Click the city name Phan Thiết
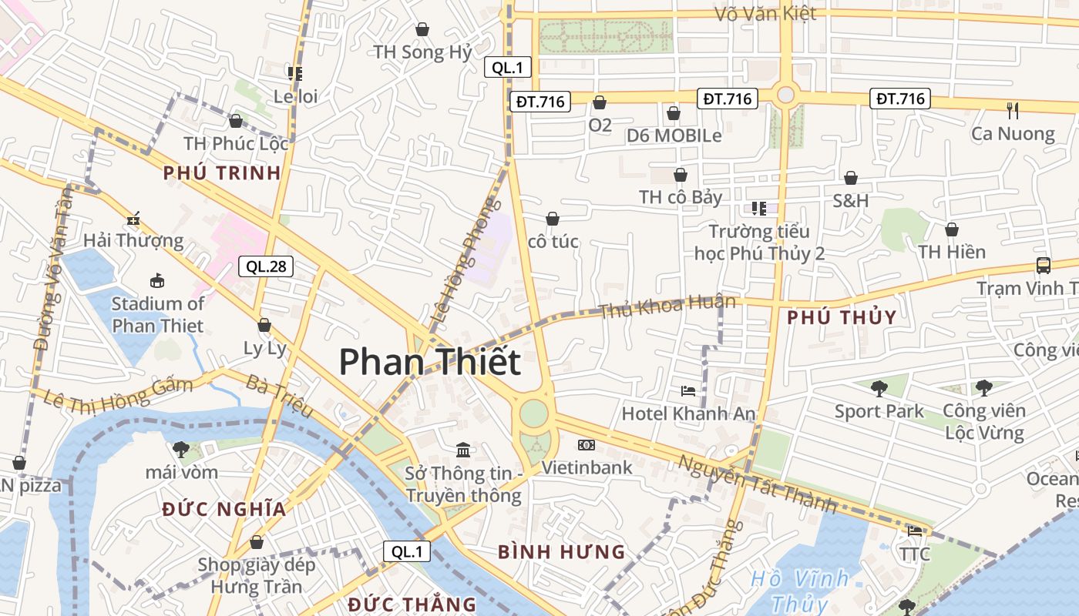pyautogui.click(x=429, y=361)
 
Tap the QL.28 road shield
pyautogui.click(x=266, y=266)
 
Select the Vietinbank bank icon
pyautogui.click(x=587, y=445)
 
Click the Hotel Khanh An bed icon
pyautogui.click(x=688, y=391)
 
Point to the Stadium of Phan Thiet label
pyautogui.click(x=158, y=314)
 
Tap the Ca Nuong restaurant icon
pyautogui.click(x=1013, y=111)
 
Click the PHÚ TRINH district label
pyautogui.click(x=222, y=172)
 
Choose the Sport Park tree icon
pyautogui.click(x=879, y=389)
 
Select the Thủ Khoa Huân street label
pyautogui.click(x=667, y=306)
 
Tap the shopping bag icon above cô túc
pyautogui.click(x=553, y=219)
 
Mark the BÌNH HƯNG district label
pyautogui.click(x=561, y=551)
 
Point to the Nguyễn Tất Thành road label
pyautogui.click(x=758, y=484)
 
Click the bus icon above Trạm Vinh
pyautogui.click(x=1043, y=266)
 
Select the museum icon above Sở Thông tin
pyautogui.click(x=463, y=450)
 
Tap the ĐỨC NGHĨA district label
pyautogui.click(x=224, y=508)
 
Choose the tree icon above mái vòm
pyautogui.click(x=181, y=449)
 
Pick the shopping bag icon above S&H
pyautogui.click(x=851, y=179)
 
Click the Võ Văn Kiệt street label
pyautogui.click(x=765, y=14)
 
